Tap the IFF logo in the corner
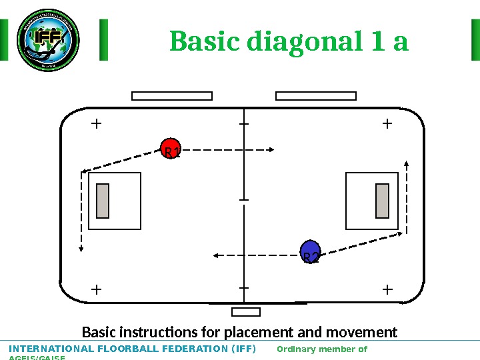click(x=47, y=40)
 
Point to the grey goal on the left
click(x=103, y=201)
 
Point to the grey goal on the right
click(x=382, y=201)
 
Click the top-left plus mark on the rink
click(x=97, y=123)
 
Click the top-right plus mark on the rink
click(x=387, y=123)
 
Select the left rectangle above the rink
click(x=172, y=96)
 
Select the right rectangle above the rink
click(x=316, y=96)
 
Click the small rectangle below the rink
click(x=245, y=312)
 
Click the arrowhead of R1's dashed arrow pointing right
click(x=272, y=150)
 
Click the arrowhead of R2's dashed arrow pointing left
click(x=216, y=255)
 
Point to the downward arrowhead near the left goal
click(x=81, y=249)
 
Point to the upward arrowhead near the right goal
click(x=407, y=163)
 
